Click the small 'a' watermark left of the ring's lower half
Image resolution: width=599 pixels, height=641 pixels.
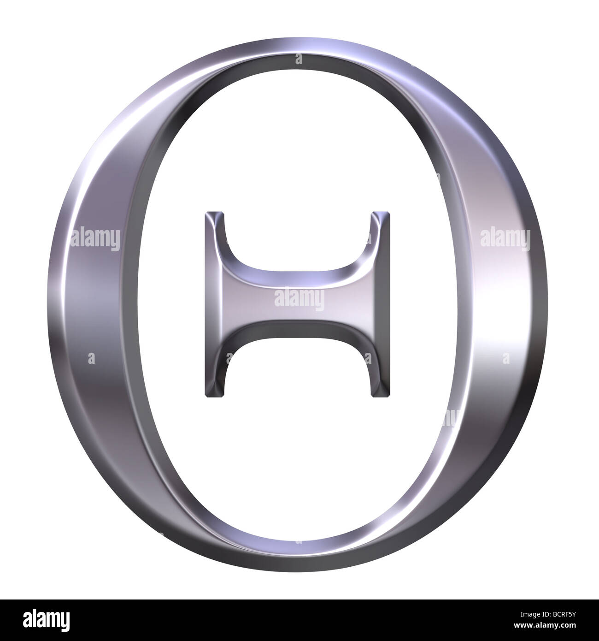pyautogui.click(x=91, y=357)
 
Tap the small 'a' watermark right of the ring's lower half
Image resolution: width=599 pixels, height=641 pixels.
pyautogui.click(x=506, y=357)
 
